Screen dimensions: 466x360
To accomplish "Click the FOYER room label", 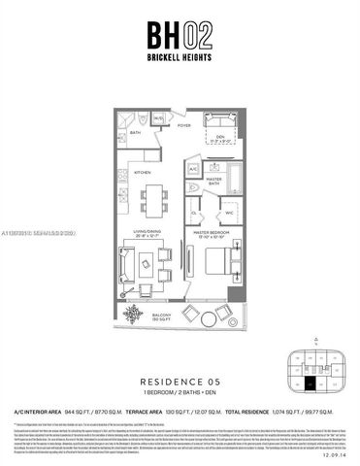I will (182, 125).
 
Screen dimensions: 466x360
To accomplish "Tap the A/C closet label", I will (191, 166).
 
